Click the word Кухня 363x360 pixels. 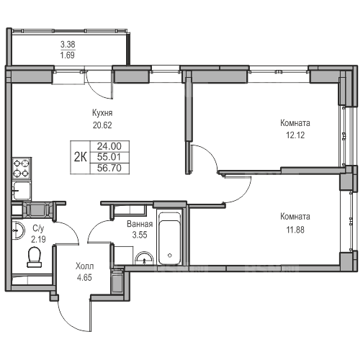coord(102,113)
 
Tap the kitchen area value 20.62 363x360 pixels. coord(102,125)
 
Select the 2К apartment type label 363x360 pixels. coord(80,157)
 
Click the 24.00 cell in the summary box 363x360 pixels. coord(109,146)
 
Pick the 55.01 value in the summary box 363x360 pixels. coord(109,157)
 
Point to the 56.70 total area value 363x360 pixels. coord(109,168)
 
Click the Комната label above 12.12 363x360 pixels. coord(295,123)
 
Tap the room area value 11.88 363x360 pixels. coord(295,230)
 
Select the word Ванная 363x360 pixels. coord(140,224)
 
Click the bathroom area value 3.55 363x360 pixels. coord(140,235)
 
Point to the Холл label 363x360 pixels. coord(84,266)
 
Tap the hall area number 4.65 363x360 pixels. coord(84,277)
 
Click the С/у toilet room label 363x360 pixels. coord(38,228)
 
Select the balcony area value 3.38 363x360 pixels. coord(68,44)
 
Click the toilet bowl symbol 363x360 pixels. coord(35,257)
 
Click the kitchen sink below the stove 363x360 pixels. coord(22,191)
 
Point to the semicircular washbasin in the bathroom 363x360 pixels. coord(144,258)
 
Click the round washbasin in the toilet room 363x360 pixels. coord(18,230)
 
